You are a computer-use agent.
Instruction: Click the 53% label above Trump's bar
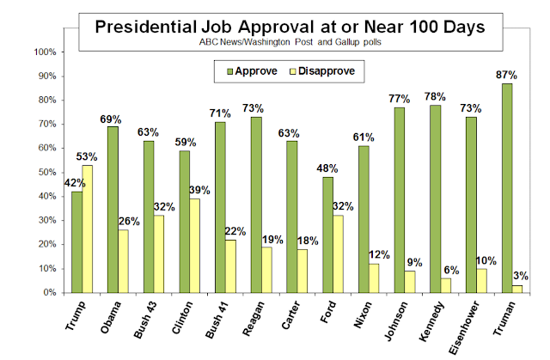(x=88, y=157)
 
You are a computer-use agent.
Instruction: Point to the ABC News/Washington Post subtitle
(x=288, y=42)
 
